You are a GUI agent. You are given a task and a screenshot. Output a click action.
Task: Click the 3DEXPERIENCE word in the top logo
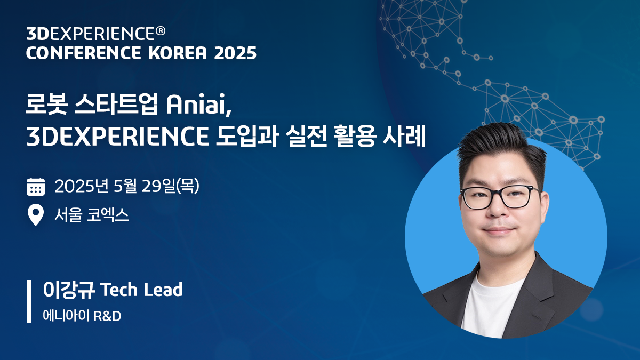[90, 34]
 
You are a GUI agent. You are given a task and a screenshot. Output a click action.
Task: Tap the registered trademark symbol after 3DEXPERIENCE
[160, 31]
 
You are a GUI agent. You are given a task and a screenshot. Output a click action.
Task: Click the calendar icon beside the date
[36, 187]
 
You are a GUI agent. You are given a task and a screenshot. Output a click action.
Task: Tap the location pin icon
[36, 215]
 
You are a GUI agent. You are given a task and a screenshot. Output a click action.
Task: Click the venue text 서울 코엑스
[92, 215]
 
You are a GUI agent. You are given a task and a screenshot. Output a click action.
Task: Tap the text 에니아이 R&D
[82, 316]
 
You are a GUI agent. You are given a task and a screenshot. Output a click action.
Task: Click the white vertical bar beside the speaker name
[29, 301]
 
